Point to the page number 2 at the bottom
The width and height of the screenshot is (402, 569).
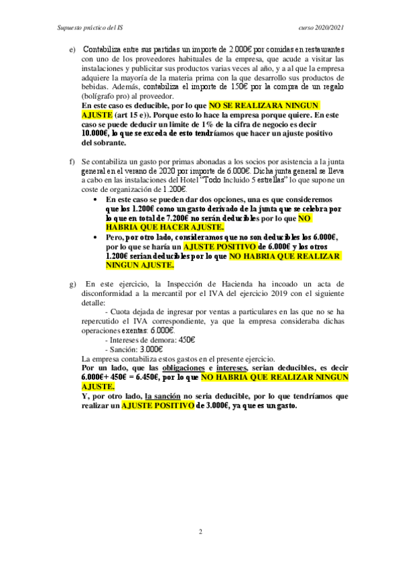(200, 532)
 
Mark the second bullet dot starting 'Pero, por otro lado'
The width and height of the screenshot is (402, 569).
(98, 238)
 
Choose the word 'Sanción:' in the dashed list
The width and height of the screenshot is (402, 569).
(127, 350)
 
